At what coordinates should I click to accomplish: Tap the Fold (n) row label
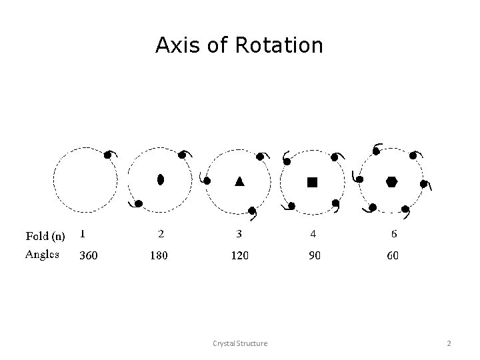click(x=45, y=235)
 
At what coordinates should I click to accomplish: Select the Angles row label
click(x=43, y=254)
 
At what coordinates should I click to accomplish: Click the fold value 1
click(x=82, y=234)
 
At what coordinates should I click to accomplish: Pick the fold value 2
click(x=161, y=235)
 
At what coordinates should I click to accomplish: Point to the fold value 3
click(x=239, y=235)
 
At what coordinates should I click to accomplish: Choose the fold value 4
click(x=312, y=235)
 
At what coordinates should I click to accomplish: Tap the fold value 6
click(x=394, y=235)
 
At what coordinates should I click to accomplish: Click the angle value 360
click(x=89, y=255)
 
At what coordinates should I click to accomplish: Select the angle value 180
click(x=159, y=255)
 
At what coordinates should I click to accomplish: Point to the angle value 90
click(x=314, y=255)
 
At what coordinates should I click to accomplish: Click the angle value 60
click(x=393, y=255)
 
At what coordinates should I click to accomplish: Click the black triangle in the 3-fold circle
click(x=239, y=181)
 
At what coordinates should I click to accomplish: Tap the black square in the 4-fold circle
click(x=312, y=181)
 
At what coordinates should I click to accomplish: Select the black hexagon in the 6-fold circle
click(x=392, y=181)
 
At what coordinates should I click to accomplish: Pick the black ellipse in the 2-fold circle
click(x=160, y=179)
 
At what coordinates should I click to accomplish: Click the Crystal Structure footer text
click(x=240, y=343)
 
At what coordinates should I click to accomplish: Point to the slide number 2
click(x=449, y=343)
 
